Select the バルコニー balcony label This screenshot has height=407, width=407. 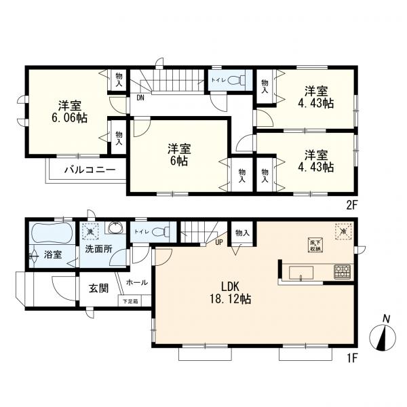(x=85, y=170)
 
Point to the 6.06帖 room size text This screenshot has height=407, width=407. (x=66, y=117)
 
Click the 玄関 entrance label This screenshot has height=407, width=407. (x=98, y=288)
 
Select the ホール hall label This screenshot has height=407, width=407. (x=138, y=282)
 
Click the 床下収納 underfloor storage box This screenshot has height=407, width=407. (x=315, y=246)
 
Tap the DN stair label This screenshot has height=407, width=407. (x=140, y=97)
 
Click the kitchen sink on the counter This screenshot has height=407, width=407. (x=301, y=273)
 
